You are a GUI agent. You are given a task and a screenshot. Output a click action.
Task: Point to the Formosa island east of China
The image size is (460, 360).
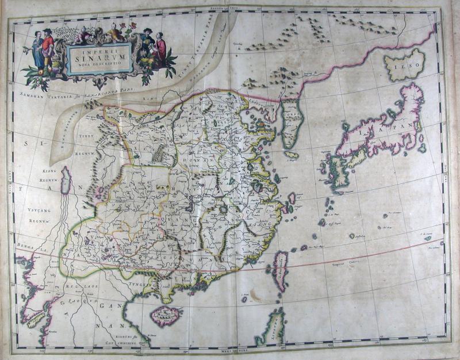(280, 270)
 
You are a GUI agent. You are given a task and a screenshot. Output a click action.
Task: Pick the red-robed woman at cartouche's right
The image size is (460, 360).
(160, 48)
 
